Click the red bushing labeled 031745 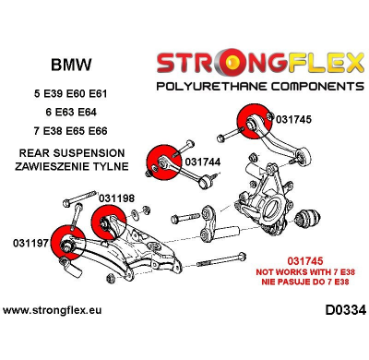[251, 121]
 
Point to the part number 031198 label [116, 198]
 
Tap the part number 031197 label [32, 243]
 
